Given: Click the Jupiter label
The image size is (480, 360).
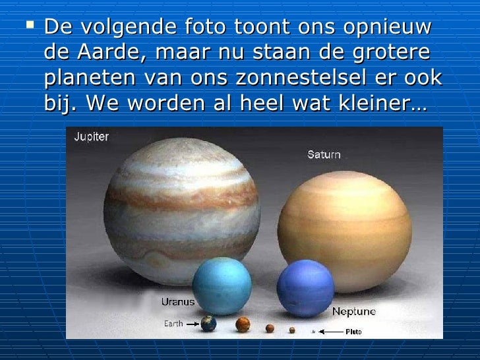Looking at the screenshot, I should (x=92, y=137).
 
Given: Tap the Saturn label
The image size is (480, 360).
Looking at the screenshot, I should (x=324, y=155).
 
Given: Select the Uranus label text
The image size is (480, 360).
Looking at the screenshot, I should (x=178, y=302).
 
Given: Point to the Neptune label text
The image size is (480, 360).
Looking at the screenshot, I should (x=353, y=311).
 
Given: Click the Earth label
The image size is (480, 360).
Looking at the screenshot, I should (x=173, y=324).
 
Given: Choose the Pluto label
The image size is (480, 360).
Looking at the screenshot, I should (x=353, y=332).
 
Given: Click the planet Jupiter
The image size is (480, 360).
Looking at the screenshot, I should (x=182, y=204).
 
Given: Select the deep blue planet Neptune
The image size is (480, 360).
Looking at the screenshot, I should (x=306, y=289).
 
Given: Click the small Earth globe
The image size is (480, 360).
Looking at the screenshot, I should (x=208, y=324).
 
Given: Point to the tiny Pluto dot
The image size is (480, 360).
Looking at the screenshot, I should (x=313, y=332).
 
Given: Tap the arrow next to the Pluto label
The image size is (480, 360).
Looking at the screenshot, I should (x=331, y=332).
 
